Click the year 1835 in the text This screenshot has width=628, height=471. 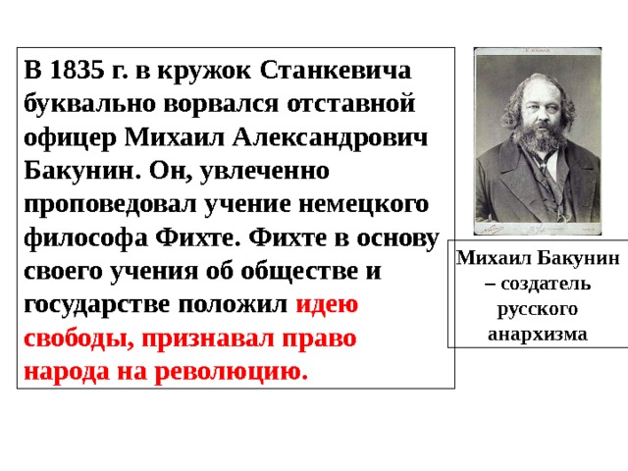[x=77, y=71]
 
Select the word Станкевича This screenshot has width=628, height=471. [x=336, y=71]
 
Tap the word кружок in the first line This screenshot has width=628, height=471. [x=204, y=72]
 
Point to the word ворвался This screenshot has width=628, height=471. [x=221, y=104]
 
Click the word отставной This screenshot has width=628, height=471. [x=351, y=104]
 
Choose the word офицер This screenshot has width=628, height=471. [x=70, y=138]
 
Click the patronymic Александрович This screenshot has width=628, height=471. [x=330, y=138]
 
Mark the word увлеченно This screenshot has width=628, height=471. [x=264, y=172]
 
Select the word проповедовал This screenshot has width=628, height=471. [x=110, y=205]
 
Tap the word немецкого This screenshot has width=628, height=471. [x=364, y=205]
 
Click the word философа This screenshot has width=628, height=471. [x=85, y=238]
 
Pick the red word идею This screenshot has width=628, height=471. [x=327, y=305]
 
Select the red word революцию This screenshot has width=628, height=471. [x=232, y=373]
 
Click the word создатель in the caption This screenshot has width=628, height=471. [x=546, y=284]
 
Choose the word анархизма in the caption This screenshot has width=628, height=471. [x=538, y=335]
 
